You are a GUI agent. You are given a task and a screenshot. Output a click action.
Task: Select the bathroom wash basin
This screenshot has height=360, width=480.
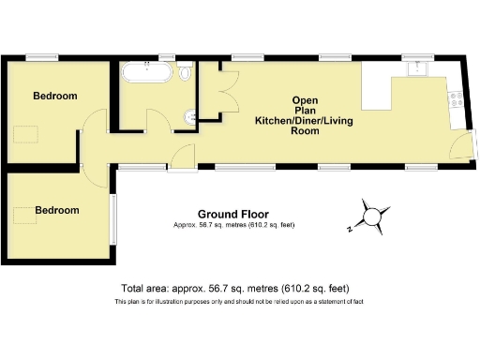190,116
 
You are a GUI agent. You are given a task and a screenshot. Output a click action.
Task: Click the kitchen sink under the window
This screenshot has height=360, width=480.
414,69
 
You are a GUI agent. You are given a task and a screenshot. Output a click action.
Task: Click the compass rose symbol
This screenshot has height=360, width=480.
373,216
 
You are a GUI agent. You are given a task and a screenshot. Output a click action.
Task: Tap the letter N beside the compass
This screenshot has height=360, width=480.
346,228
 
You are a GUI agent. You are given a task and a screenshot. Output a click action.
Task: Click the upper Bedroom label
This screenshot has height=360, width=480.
54,96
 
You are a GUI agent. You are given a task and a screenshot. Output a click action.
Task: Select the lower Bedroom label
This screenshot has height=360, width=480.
56,210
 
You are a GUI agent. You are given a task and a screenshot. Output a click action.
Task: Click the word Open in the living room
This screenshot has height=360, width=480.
305,100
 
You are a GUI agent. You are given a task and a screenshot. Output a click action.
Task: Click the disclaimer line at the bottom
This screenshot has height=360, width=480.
238,302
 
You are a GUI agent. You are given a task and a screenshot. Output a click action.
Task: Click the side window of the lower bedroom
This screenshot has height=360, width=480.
113,217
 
